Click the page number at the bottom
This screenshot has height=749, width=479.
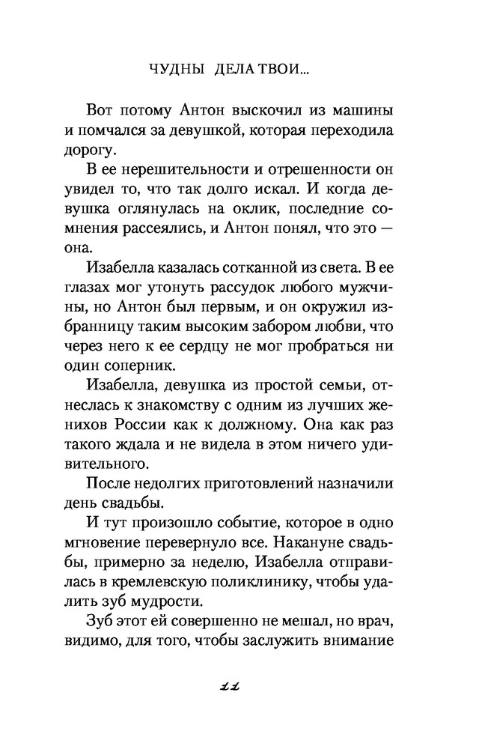click(238, 684)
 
